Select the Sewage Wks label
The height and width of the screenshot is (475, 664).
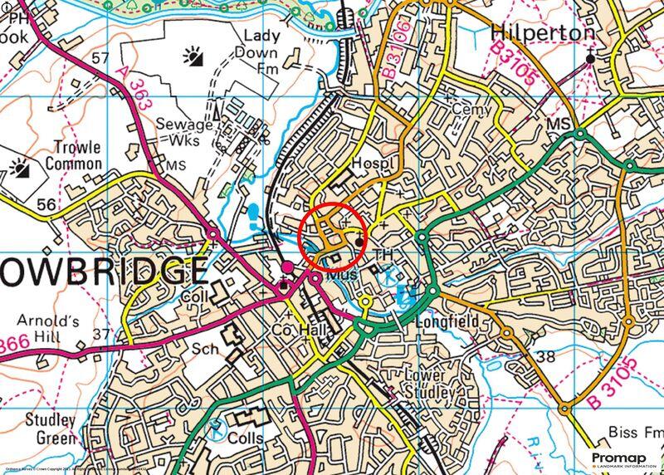184,133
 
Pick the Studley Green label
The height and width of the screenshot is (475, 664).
51,428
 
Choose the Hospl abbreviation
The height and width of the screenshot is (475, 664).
369,162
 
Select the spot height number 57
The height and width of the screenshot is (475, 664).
100,58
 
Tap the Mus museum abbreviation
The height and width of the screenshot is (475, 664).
343,272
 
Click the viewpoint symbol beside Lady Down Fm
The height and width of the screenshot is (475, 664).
195,56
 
